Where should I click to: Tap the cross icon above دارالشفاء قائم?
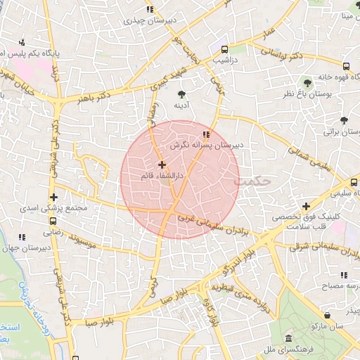point(162,165)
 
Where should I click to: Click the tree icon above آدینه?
point(183,94)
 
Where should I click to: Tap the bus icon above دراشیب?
point(224,50)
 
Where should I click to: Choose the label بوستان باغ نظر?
point(307,94)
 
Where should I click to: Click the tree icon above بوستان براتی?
point(343,121)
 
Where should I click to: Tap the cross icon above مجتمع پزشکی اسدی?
point(53,198)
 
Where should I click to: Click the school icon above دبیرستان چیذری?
point(149,9)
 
